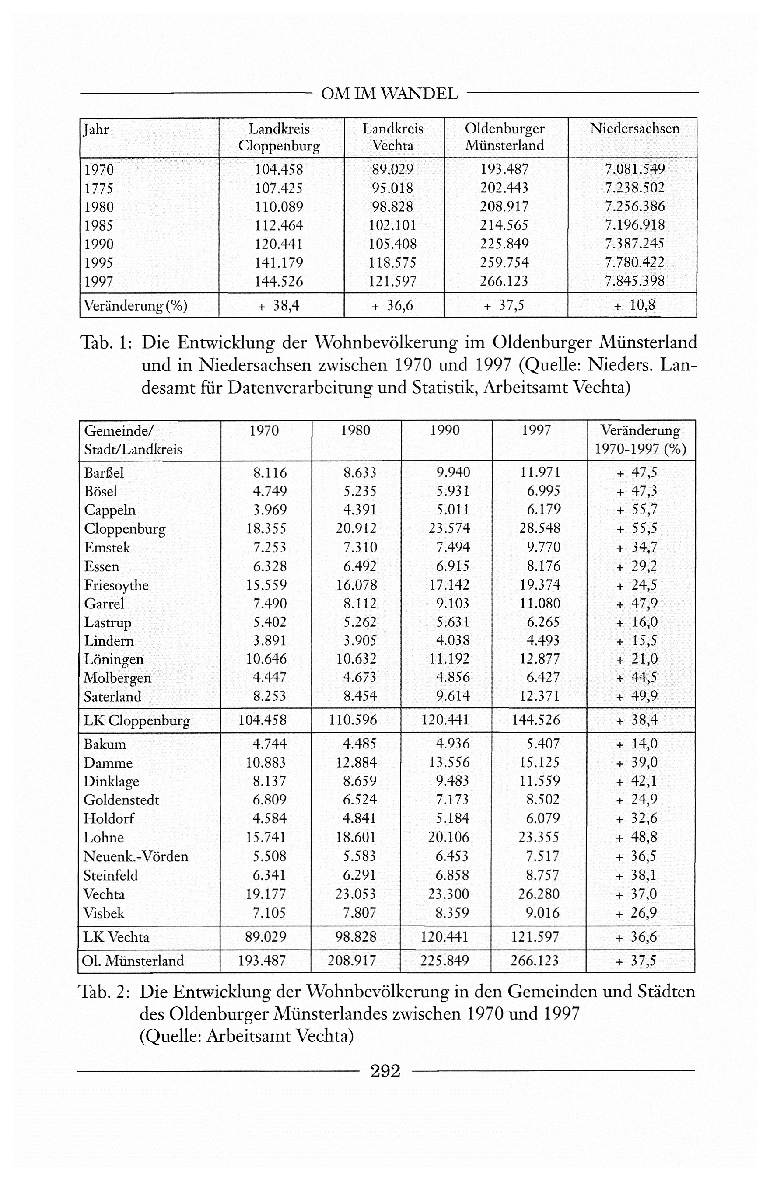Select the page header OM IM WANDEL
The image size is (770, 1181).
(x=389, y=93)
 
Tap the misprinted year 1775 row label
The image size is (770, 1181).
(x=99, y=189)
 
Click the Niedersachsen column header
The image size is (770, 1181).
(x=634, y=129)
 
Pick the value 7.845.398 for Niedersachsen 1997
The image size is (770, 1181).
(x=634, y=281)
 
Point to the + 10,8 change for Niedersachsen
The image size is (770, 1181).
(x=634, y=305)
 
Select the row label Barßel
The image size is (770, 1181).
(x=104, y=472)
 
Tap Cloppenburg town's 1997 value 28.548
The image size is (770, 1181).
(x=539, y=528)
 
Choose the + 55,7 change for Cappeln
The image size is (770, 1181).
(x=637, y=510)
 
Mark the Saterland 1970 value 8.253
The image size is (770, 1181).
(x=269, y=696)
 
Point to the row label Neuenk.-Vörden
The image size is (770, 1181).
(x=136, y=856)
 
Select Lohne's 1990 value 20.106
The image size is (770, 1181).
(x=449, y=837)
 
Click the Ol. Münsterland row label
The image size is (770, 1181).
(x=133, y=961)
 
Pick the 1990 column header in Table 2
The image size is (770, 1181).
(x=445, y=430)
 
